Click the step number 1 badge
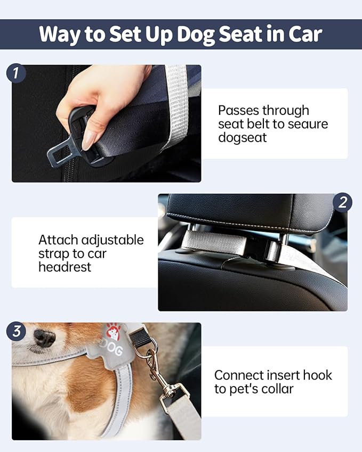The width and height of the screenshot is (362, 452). pos(16,73)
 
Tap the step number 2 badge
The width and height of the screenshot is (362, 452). pos(343,202)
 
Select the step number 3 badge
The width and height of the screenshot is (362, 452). pos(16,331)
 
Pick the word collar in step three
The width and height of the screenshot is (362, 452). pos(276,389)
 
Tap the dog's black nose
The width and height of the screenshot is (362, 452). pos(44,338)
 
